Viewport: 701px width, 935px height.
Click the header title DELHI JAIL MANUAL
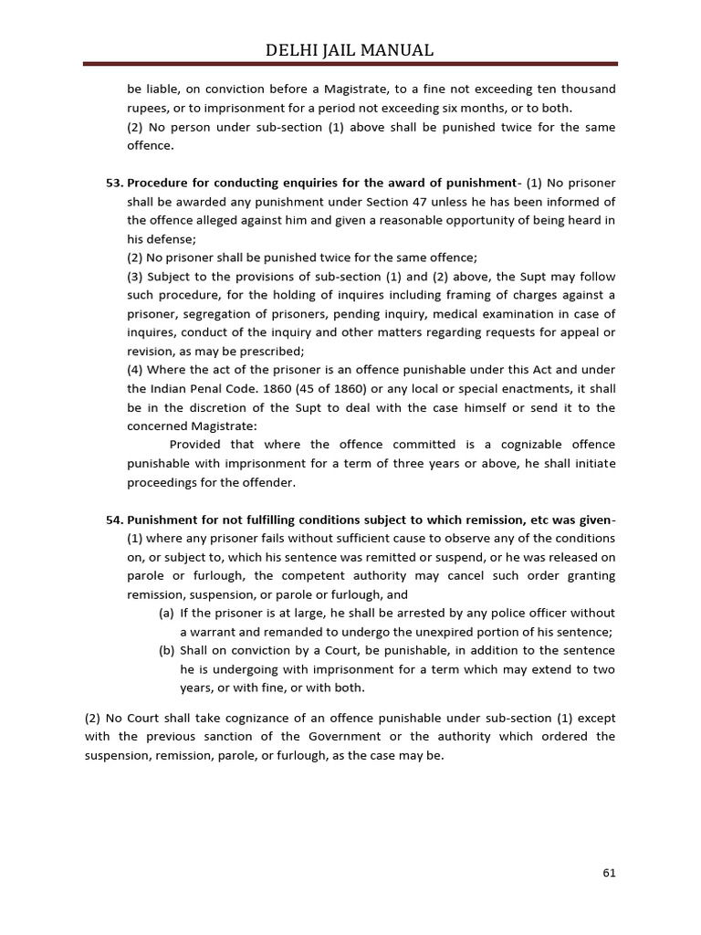pos(350,50)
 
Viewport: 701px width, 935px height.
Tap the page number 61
pos(610,872)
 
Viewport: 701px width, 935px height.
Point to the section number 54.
pos(114,520)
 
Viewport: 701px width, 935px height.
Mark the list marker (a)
pos(166,613)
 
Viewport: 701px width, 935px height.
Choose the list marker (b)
pos(166,650)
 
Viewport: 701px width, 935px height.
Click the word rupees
pos(147,108)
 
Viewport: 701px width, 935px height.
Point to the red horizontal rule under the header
pos(350,64)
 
